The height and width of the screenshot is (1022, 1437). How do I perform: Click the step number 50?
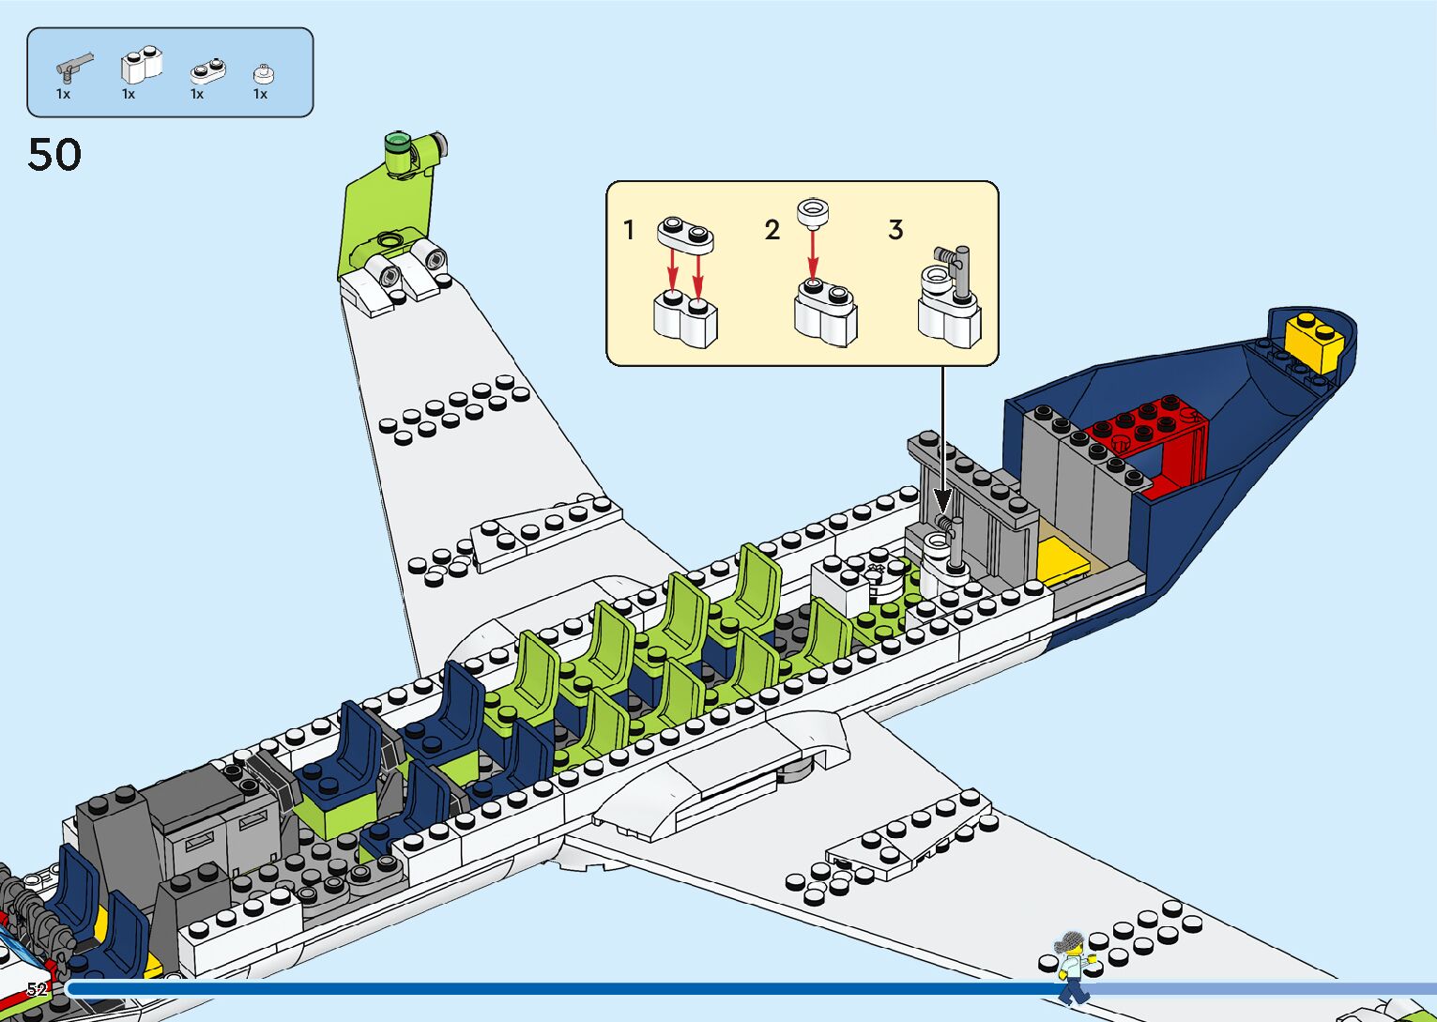pos(54,155)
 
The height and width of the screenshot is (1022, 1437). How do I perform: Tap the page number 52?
pos(37,989)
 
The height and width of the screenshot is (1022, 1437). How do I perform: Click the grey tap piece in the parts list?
pos(73,68)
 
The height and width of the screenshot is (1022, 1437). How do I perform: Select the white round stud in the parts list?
pos(263,74)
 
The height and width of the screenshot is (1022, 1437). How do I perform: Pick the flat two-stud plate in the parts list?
pos(207,70)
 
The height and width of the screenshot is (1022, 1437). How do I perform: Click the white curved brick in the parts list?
pos(141,66)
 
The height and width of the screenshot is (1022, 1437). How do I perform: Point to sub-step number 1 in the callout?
pos(629,230)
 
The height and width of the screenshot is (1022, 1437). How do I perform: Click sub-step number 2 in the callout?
pos(772,230)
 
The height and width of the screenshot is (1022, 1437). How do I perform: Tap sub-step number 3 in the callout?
pos(895,230)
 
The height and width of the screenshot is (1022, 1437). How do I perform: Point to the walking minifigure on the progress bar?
pos(1072,967)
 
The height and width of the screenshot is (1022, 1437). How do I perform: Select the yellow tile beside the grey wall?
pos(1065,560)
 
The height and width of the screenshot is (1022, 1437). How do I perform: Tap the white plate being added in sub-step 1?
pos(686,233)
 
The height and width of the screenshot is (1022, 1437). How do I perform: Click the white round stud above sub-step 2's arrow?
pos(813,212)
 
